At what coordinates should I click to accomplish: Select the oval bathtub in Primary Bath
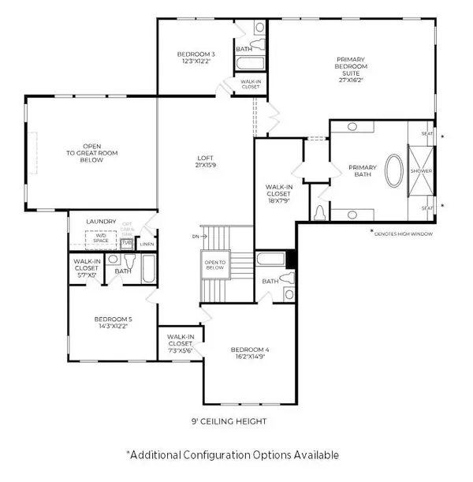(x=393, y=171)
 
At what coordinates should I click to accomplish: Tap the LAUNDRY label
(x=102, y=222)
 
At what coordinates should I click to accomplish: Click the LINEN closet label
(x=147, y=245)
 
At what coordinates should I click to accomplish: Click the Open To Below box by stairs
(x=215, y=266)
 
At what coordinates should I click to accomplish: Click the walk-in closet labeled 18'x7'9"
(x=281, y=192)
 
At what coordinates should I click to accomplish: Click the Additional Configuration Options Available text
(x=233, y=455)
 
